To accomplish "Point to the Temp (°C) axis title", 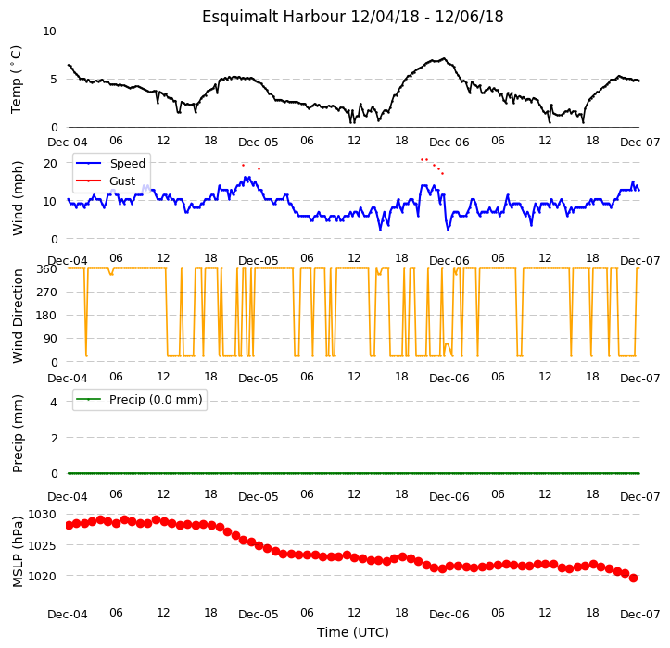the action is pos(17,80).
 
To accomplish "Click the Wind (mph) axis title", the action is pos(18,198).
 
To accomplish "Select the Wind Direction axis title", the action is pos(18,317).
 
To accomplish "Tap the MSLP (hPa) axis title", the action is pos(18,552).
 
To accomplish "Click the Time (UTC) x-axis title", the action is pos(353,632).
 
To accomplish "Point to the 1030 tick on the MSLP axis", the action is pos(42,515).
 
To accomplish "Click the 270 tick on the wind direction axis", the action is pos(47,293).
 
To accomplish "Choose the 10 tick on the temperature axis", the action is pos(49,31).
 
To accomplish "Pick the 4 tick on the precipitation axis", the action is pos(54,402).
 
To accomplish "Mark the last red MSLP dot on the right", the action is pos(633,578).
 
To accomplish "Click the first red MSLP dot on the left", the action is pos(69,526).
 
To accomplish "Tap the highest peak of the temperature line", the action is pos(445,58).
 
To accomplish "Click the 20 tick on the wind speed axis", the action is pos(50,164).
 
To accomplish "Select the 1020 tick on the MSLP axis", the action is pos(42,577).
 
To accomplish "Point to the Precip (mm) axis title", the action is pos(18,434).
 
